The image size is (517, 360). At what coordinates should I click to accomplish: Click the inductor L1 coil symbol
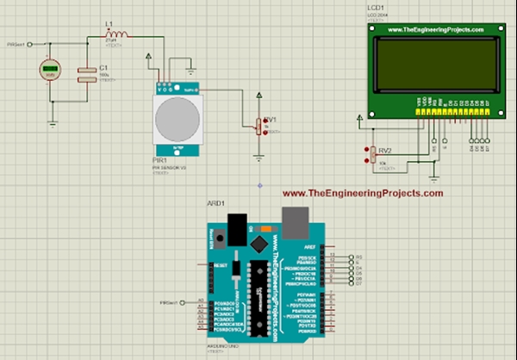point(117,35)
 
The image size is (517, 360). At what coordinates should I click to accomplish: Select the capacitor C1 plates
point(84,75)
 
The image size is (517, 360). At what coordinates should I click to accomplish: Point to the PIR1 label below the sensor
point(158,159)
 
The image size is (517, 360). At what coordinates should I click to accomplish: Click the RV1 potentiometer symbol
point(258,127)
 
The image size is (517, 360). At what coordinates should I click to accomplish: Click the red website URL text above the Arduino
point(362,194)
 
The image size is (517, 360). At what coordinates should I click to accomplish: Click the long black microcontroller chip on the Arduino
point(258,298)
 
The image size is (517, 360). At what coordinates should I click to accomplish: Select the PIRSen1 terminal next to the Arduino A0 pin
point(169,303)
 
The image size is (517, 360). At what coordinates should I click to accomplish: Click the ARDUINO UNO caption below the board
point(221,343)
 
